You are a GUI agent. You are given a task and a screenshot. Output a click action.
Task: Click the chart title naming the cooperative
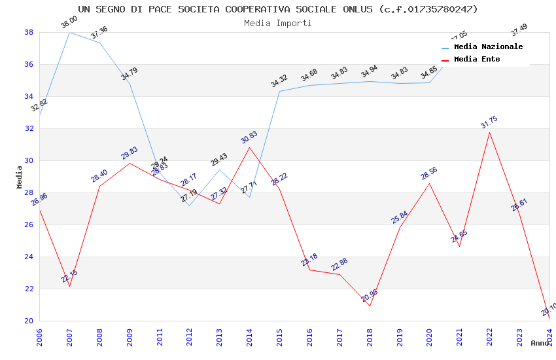point(278,9)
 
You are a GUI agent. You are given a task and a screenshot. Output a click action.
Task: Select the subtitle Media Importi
point(278,23)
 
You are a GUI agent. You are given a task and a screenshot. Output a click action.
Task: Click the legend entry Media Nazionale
point(488,46)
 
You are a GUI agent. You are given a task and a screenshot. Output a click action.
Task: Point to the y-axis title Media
point(20,177)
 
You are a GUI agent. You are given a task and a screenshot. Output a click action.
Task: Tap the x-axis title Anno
point(540,343)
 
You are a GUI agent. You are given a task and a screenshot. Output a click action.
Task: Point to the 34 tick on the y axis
point(29,96)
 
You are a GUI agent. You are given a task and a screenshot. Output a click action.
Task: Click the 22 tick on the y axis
point(29,289)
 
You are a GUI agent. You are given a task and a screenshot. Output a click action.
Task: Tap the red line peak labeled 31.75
point(489,133)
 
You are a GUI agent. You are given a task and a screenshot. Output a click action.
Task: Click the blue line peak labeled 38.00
point(69,32)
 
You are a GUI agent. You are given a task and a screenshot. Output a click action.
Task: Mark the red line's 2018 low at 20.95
point(370,306)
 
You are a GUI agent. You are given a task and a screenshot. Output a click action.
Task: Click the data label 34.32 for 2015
point(279,81)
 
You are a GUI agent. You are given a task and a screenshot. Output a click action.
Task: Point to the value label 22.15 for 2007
point(69,276)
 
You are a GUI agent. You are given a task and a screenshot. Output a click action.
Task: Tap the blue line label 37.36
point(99,33)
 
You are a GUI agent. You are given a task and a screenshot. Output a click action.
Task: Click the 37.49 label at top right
point(519,30)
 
